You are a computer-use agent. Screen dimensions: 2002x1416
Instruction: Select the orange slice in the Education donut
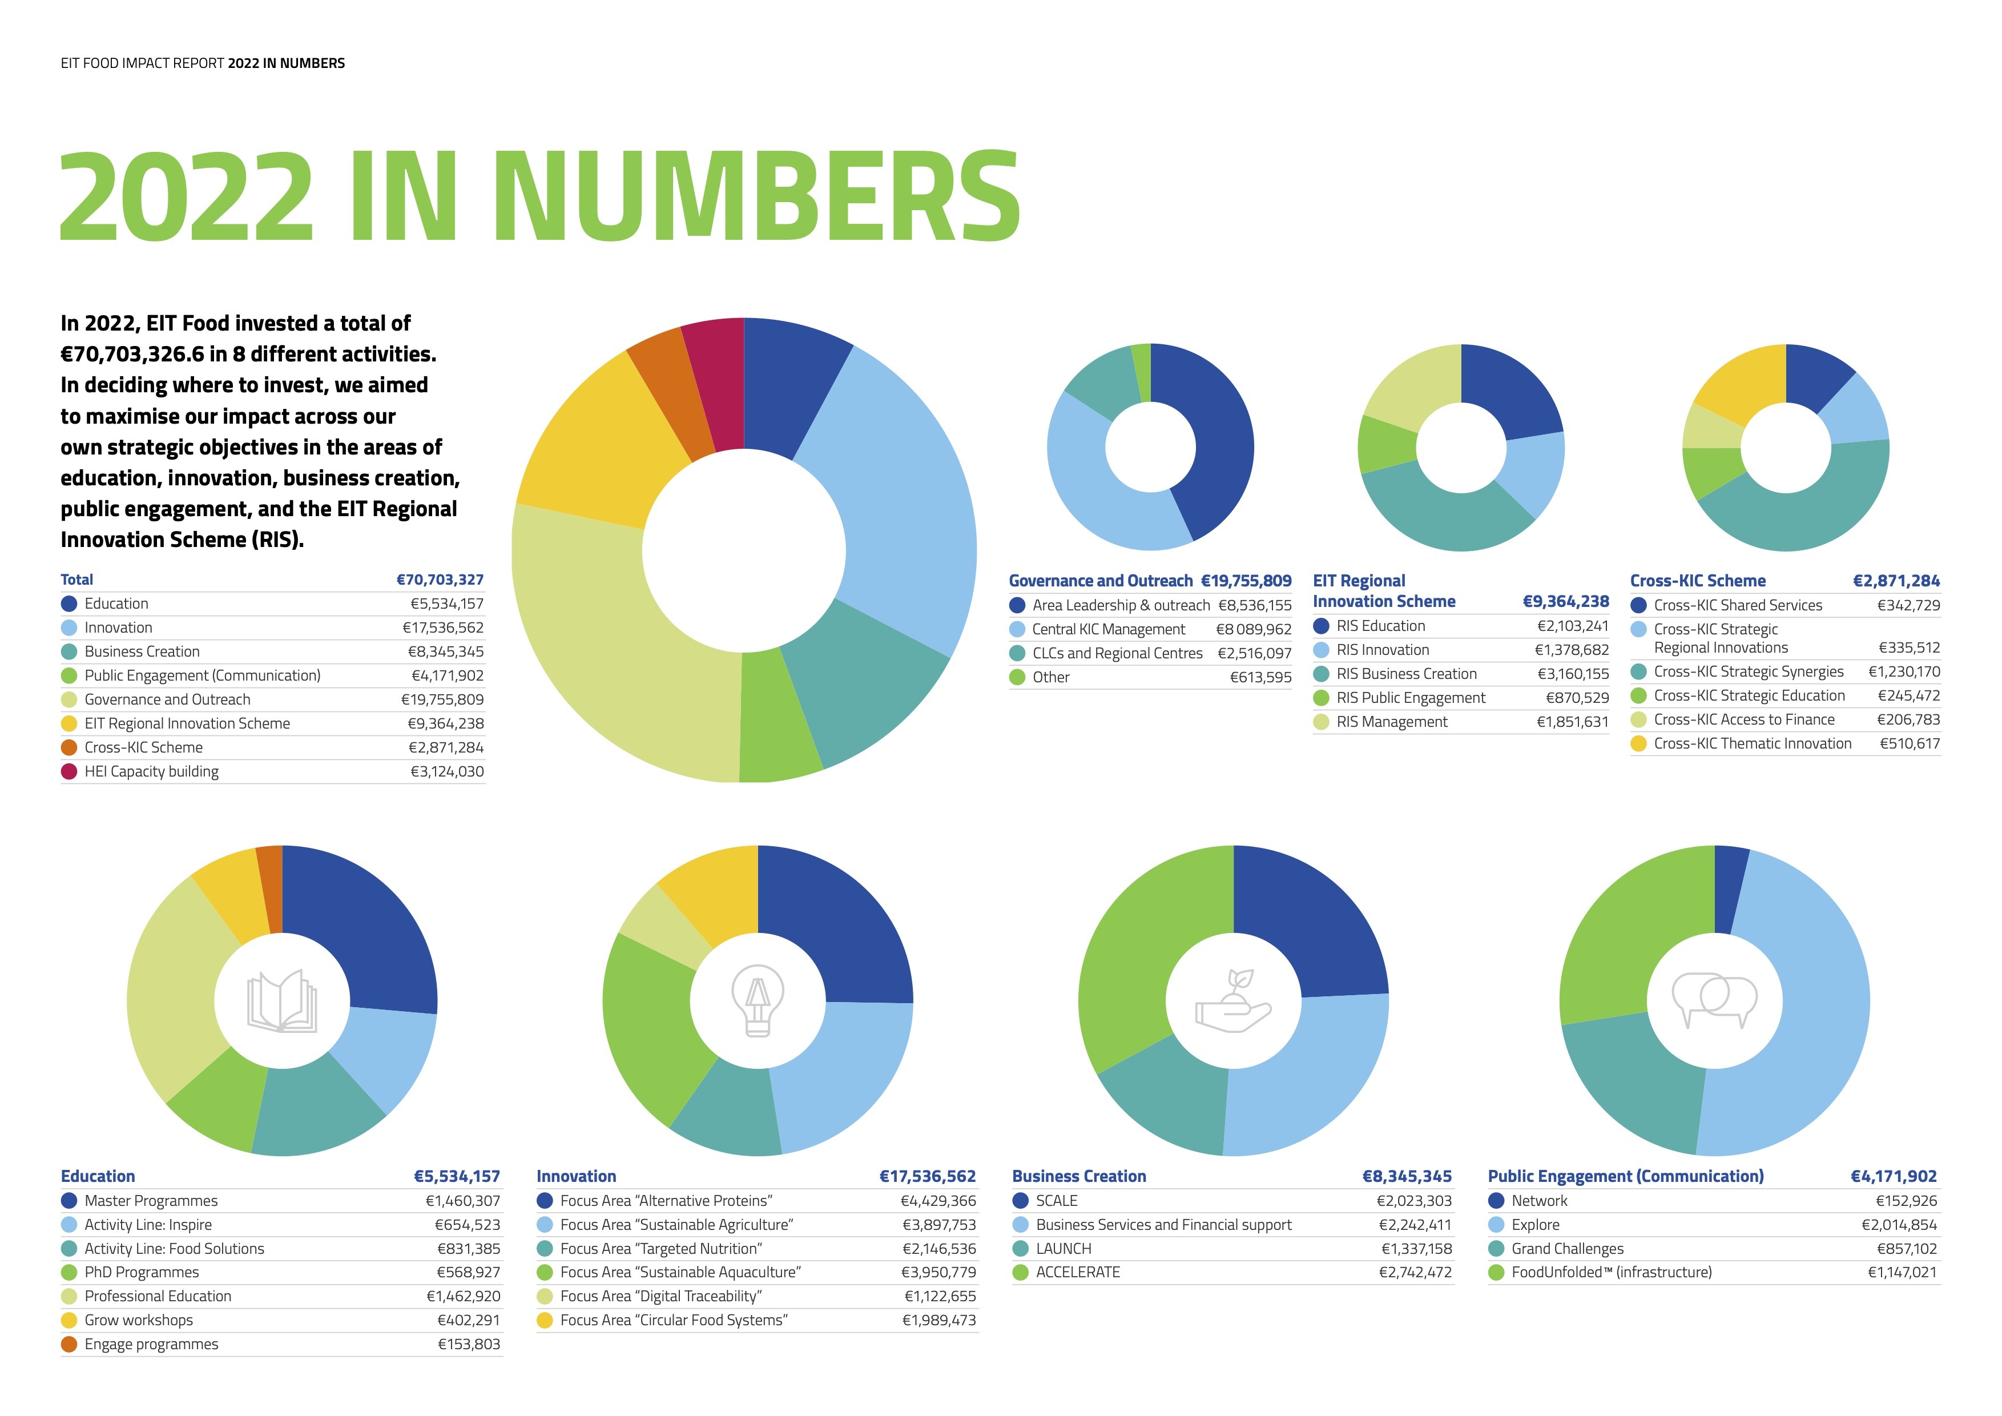pos(271,890)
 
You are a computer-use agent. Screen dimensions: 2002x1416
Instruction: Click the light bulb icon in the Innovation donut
pos(758,1000)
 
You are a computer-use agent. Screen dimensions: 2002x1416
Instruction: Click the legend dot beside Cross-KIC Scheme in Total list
pos(69,747)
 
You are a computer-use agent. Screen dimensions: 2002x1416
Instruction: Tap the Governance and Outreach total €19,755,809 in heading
pos(1246,581)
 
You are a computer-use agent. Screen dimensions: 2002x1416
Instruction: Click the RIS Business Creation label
pos(1407,674)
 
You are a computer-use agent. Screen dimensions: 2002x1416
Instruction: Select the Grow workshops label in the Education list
pos(139,1320)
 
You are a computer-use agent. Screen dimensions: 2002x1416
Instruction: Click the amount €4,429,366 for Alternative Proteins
pos(938,1201)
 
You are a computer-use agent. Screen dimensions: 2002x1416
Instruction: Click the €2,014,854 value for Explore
pos(1899,1225)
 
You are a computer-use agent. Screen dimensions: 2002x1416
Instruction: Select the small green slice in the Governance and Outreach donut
pos(1141,373)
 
